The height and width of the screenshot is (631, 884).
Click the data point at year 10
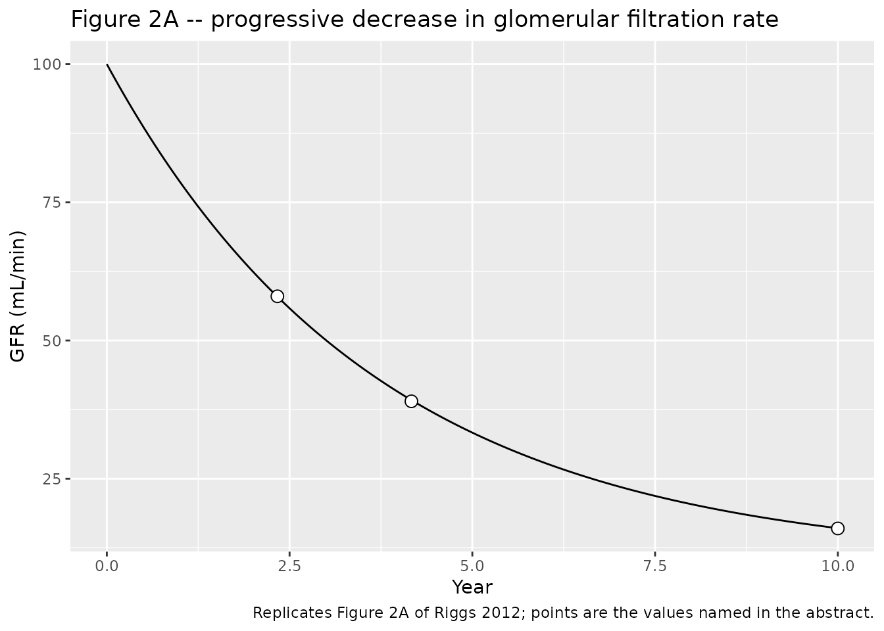[837, 528]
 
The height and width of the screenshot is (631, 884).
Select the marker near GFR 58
[278, 296]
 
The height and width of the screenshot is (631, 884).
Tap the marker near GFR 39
[411, 401]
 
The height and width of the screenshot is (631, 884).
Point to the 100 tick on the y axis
[47, 64]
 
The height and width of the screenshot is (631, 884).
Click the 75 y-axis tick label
[52, 202]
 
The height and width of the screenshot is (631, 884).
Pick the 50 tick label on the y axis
[52, 340]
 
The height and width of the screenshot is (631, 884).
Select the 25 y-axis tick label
[52, 479]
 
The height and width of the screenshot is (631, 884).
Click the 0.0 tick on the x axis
[107, 567]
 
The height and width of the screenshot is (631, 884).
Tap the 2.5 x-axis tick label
[289, 567]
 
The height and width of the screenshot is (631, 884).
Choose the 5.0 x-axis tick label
[472, 567]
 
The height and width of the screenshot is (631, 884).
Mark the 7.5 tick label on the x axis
[655, 567]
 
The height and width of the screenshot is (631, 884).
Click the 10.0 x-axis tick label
[837, 567]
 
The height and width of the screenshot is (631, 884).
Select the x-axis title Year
[472, 587]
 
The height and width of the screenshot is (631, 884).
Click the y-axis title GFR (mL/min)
[17, 296]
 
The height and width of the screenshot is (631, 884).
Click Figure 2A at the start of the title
[125, 20]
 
